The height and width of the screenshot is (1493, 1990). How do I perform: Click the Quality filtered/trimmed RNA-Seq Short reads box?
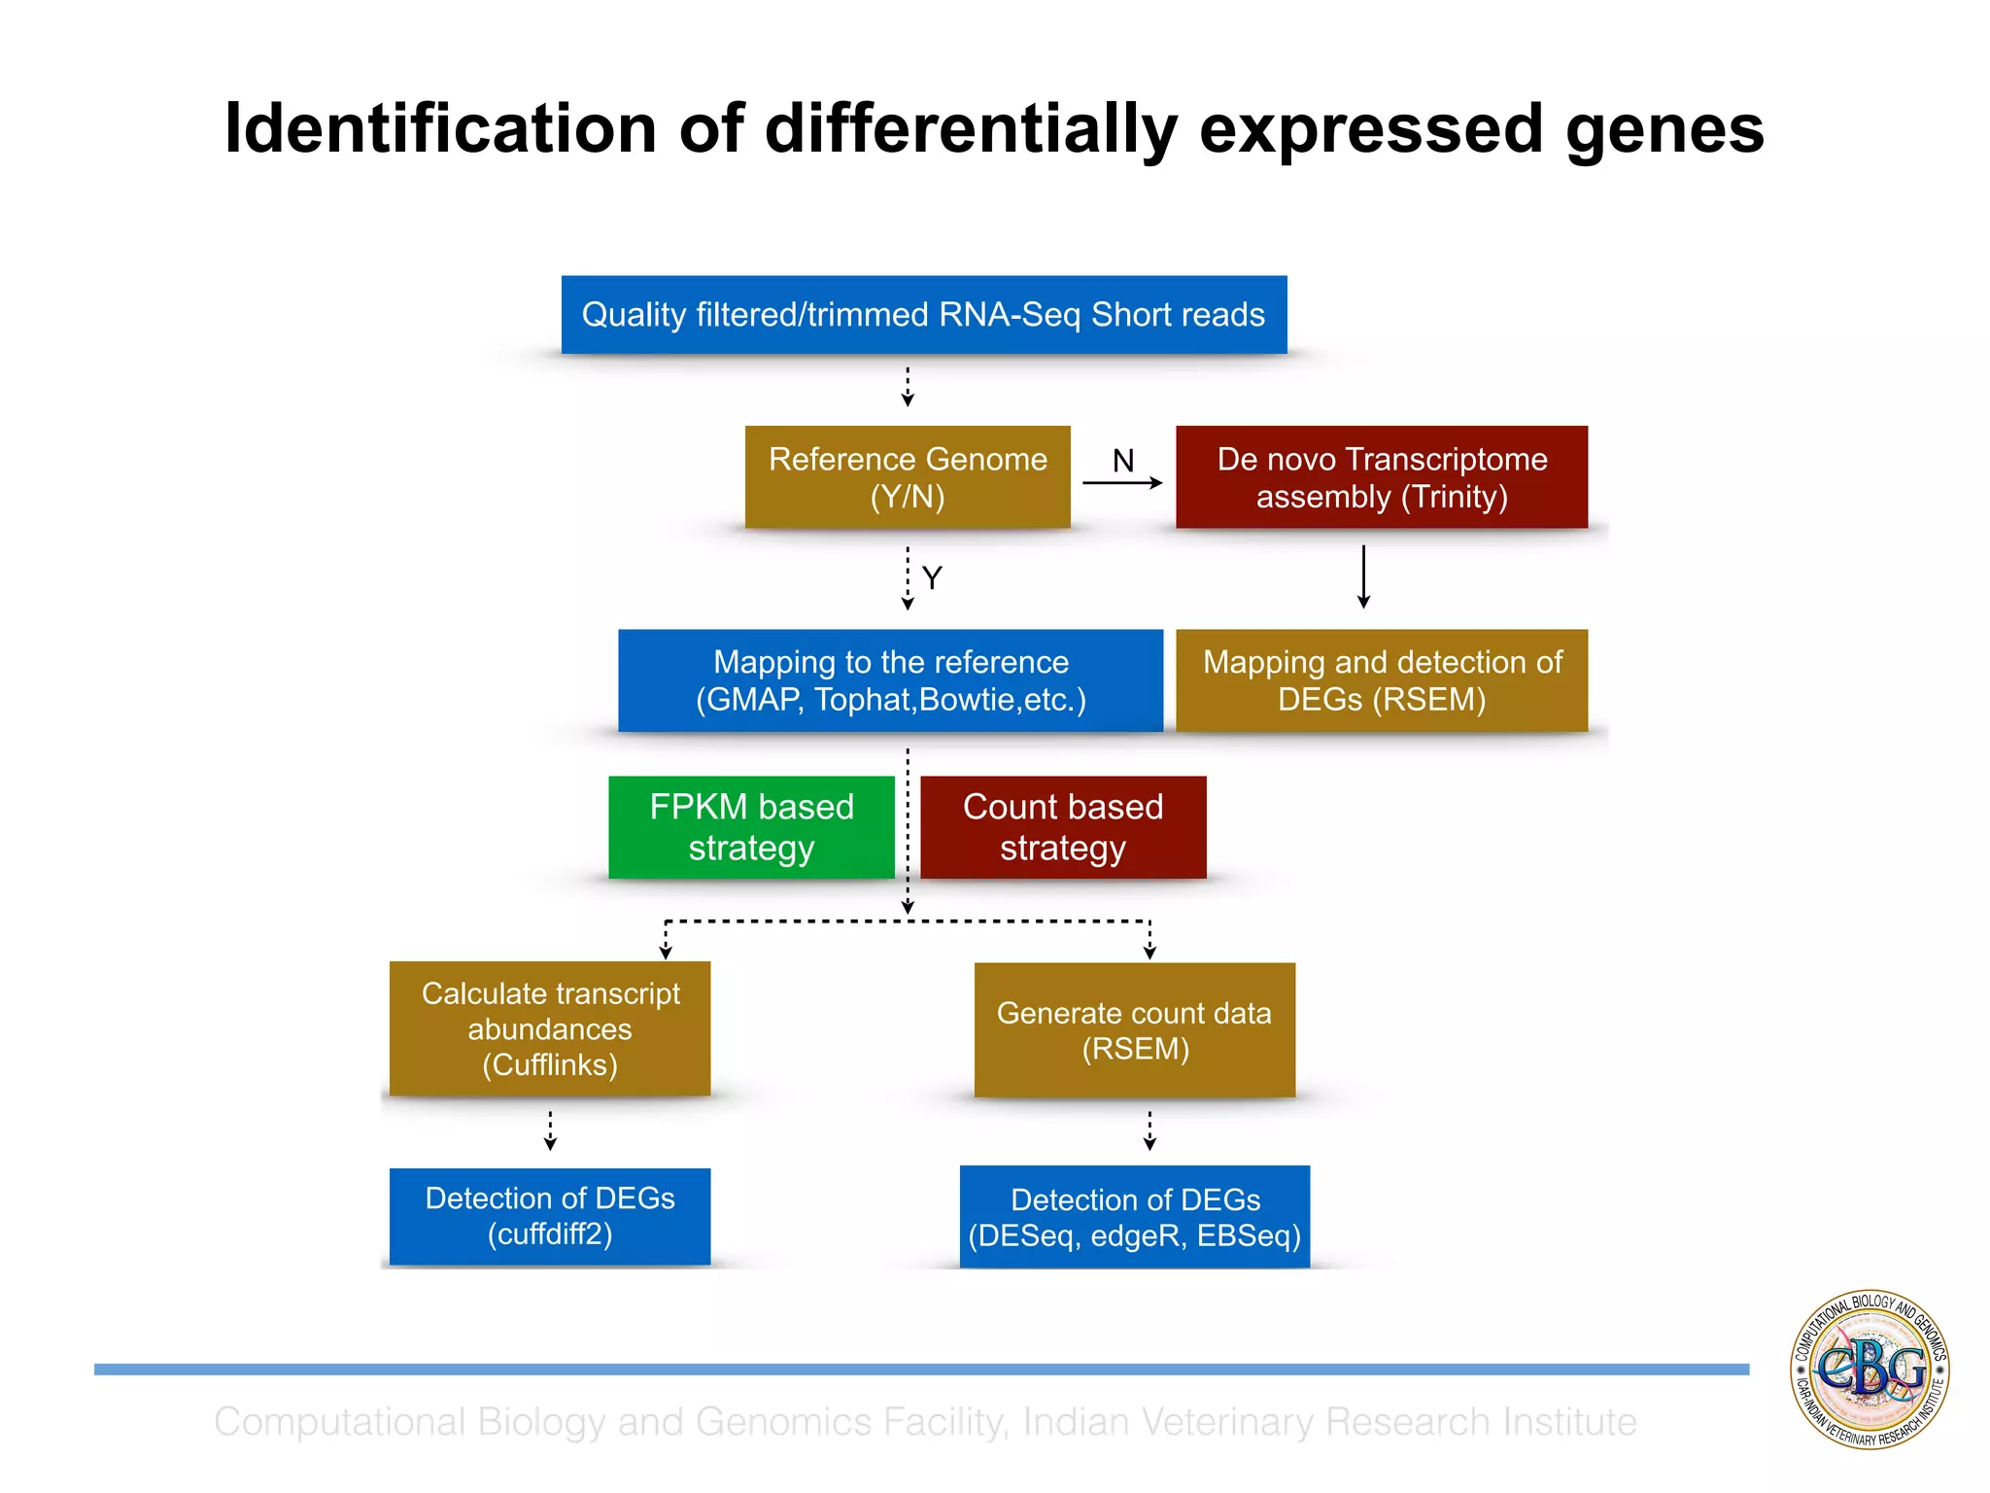pyautogui.click(x=923, y=315)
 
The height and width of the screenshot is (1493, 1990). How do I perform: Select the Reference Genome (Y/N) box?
pyautogui.click(x=908, y=477)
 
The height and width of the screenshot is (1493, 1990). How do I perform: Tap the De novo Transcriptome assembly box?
pyautogui.click(x=1381, y=477)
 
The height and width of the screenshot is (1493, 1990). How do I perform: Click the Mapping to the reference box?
pyautogui.click(x=890, y=680)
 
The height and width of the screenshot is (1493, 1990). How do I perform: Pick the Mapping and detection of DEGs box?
pyautogui.click(x=1381, y=680)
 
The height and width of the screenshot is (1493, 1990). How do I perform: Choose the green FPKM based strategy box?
pyautogui.click(x=751, y=827)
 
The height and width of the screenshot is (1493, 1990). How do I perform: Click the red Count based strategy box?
pyautogui.click(x=1063, y=827)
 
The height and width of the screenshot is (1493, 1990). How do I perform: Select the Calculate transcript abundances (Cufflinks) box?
pyautogui.click(x=550, y=1028)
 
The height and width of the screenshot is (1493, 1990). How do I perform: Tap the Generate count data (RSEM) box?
pyautogui.click(x=1134, y=1030)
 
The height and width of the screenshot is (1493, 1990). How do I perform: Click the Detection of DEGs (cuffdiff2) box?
pyautogui.click(x=550, y=1216)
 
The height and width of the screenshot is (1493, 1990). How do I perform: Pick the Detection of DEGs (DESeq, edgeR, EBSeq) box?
pyautogui.click(x=1134, y=1217)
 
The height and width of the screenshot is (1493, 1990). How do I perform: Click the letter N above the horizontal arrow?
pyautogui.click(x=1123, y=461)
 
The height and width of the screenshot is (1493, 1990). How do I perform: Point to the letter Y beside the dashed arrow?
pyautogui.click(x=932, y=578)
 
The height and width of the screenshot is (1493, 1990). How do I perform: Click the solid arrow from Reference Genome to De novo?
pyautogui.click(x=1122, y=483)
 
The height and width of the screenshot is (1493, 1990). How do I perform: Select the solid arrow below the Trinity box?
pyautogui.click(x=1363, y=577)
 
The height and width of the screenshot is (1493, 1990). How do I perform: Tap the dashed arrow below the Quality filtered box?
pyautogui.click(x=908, y=387)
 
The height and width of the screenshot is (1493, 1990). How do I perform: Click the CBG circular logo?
pyautogui.click(x=1870, y=1369)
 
